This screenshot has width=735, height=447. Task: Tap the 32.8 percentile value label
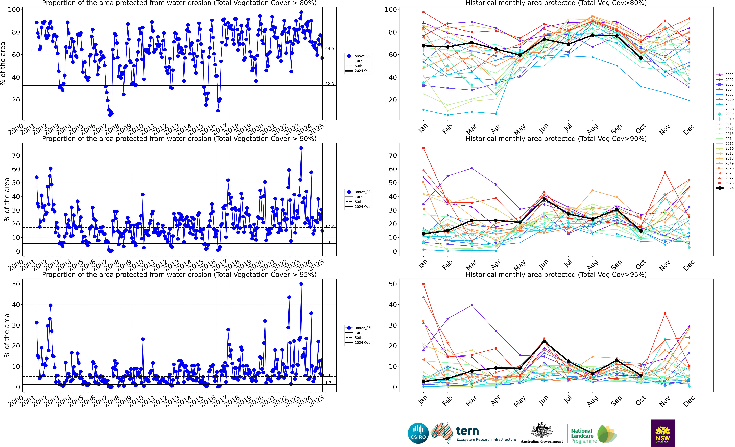coord(329,84)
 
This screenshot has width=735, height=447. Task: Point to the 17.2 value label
coord(329,227)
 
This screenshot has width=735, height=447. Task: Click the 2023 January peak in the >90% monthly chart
coord(423,148)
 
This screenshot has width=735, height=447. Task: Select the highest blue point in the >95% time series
coord(301,284)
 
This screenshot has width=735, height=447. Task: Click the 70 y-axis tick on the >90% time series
coord(16,155)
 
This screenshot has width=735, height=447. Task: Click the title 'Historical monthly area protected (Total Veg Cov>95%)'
coord(556,274)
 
